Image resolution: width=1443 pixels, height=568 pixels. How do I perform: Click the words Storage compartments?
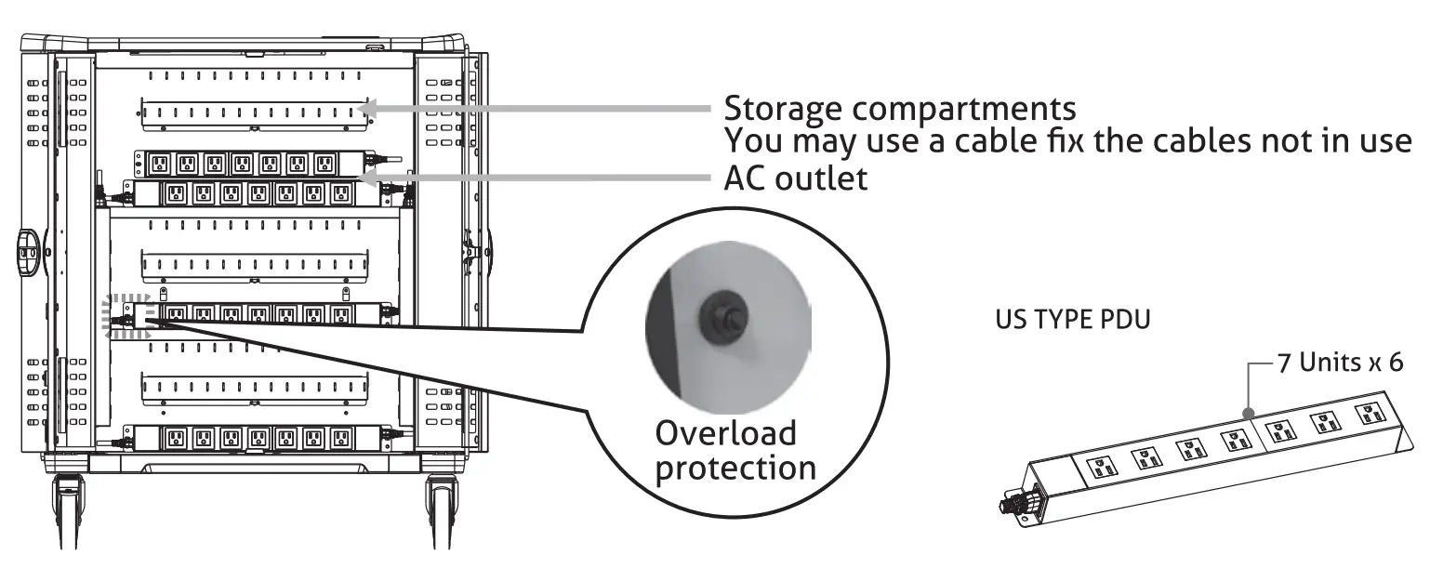[900, 109]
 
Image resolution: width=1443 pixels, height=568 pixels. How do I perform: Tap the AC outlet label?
[795, 178]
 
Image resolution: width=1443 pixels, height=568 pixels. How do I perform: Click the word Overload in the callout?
[725, 433]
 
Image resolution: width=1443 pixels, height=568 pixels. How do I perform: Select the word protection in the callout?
[735, 468]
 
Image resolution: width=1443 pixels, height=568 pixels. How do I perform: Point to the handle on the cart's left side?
[24, 249]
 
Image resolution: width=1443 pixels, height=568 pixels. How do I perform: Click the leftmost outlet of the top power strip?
[159, 165]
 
